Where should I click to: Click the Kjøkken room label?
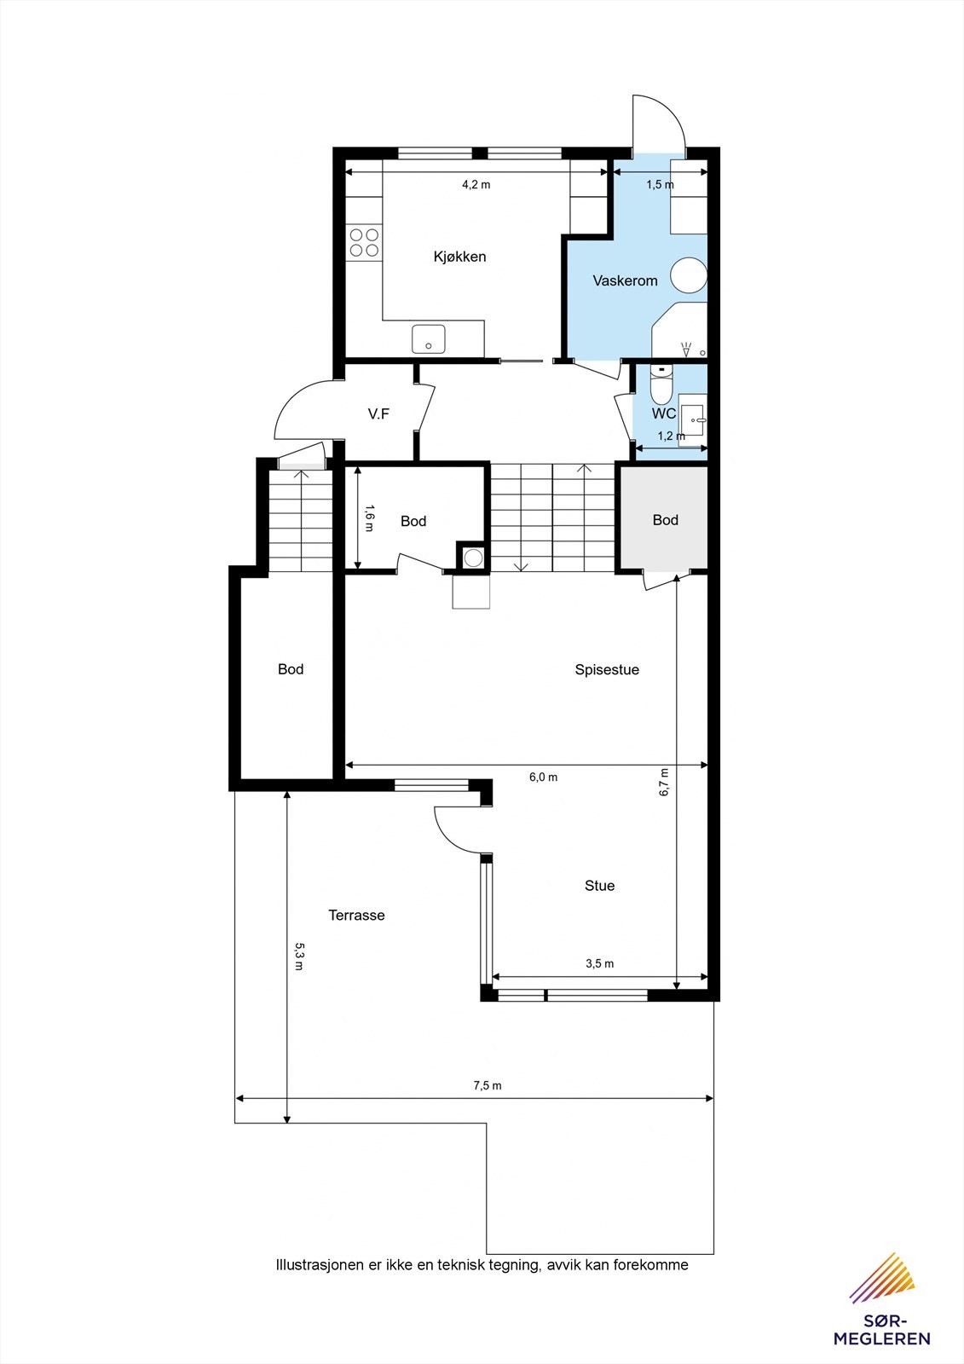click(x=459, y=257)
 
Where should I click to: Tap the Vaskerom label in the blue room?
click(x=625, y=280)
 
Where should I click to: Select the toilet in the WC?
click(x=661, y=385)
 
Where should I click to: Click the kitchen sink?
click(x=428, y=338)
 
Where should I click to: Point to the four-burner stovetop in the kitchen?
click(x=364, y=242)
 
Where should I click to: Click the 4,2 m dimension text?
click(x=476, y=184)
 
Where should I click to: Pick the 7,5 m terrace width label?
click(x=488, y=1086)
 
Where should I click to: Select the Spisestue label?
click(x=607, y=670)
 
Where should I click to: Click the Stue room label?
click(x=599, y=886)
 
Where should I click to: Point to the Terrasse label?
click(x=356, y=916)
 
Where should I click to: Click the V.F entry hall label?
click(x=378, y=414)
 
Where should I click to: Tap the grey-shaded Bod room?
click(x=665, y=520)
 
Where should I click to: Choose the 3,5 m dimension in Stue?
click(x=599, y=964)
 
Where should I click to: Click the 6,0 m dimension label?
click(x=543, y=777)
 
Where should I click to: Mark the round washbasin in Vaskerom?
click(x=689, y=275)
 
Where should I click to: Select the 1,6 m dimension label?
click(x=369, y=517)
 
